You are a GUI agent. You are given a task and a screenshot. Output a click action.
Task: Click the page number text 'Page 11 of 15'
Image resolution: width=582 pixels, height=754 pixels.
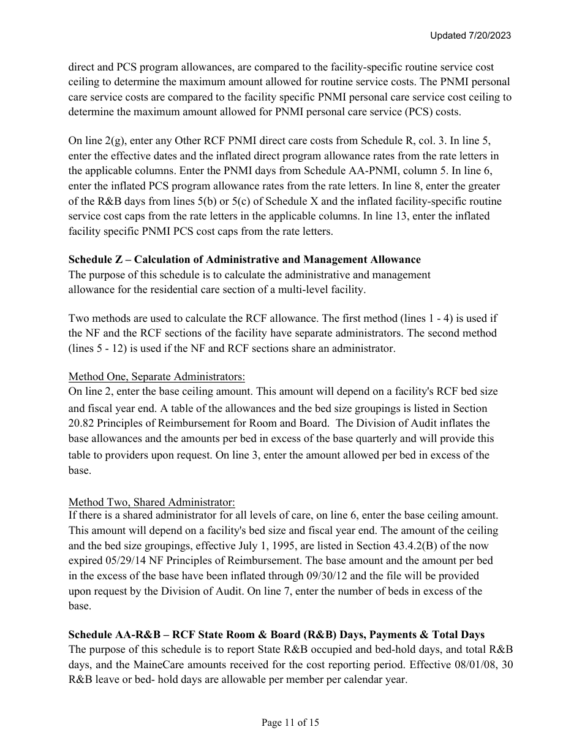pos(290,723)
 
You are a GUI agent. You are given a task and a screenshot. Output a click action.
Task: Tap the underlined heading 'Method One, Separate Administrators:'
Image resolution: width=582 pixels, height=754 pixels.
pos(156,376)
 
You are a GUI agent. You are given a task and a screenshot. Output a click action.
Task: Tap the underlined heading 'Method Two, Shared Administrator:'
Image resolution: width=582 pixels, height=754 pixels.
pos(151,501)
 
